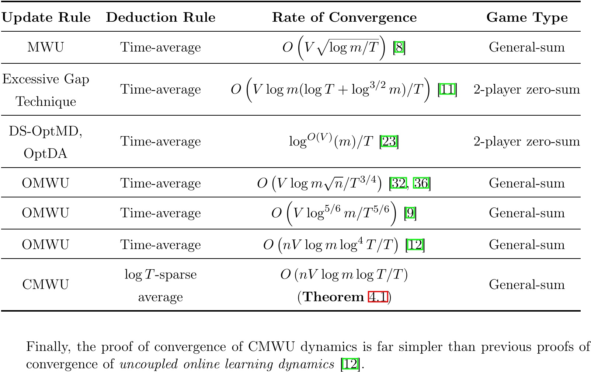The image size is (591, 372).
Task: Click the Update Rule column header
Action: (x=46, y=17)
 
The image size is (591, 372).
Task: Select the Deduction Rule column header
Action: (x=160, y=17)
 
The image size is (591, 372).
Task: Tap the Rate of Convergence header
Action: (x=344, y=17)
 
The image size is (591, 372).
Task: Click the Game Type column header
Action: (x=527, y=17)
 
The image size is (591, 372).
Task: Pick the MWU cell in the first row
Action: (x=45, y=47)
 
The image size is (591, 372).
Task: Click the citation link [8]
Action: (x=399, y=48)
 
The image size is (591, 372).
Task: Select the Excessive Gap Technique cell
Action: (x=46, y=90)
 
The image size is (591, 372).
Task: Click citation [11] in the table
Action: (x=447, y=90)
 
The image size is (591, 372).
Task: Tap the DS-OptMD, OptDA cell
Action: (x=46, y=142)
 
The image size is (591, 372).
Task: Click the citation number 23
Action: (x=389, y=141)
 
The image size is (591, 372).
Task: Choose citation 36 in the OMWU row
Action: (x=421, y=183)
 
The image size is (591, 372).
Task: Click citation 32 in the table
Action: (x=399, y=183)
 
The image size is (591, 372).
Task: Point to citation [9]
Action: (x=410, y=213)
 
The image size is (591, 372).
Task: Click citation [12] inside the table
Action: (x=415, y=245)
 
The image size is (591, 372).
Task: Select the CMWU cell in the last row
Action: (x=45, y=285)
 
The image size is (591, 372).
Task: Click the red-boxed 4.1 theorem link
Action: (x=378, y=297)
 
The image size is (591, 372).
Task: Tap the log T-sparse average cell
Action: (x=160, y=285)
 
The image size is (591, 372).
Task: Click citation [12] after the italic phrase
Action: (x=350, y=364)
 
